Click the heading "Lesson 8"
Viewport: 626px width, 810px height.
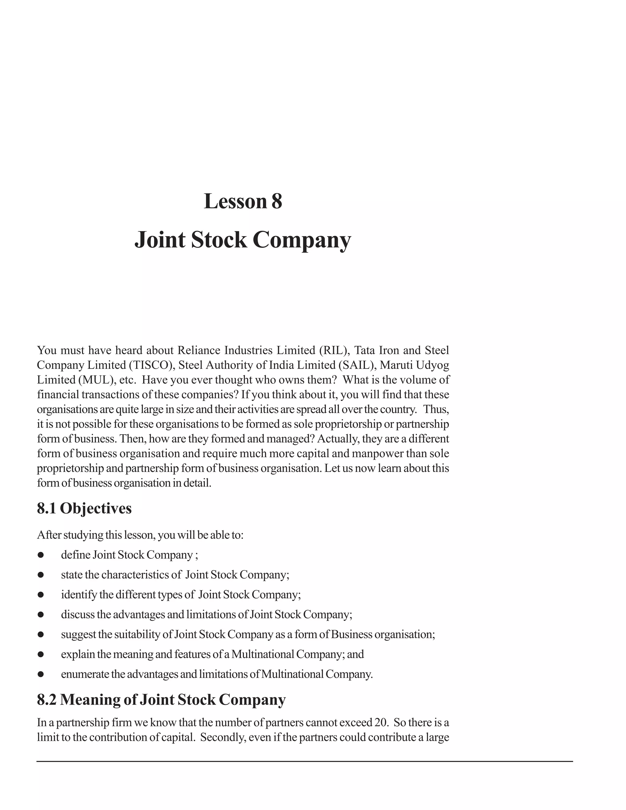coord(243,201)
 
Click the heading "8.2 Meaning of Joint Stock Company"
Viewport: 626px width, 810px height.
coord(161,699)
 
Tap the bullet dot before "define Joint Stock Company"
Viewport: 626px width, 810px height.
coord(41,555)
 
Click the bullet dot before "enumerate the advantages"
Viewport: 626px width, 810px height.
coord(41,674)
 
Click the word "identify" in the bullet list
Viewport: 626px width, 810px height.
coord(77,595)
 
